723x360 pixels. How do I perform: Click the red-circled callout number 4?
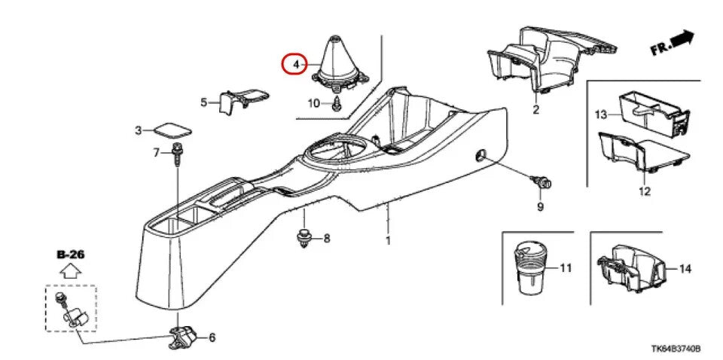(297, 66)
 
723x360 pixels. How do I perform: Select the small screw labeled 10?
(337, 104)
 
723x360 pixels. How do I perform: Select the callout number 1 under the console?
(388, 241)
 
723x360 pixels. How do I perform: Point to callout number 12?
(644, 192)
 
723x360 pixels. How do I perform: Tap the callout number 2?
(536, 111)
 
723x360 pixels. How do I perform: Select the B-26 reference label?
(70, 255)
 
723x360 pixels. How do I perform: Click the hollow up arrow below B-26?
(70, 271)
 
